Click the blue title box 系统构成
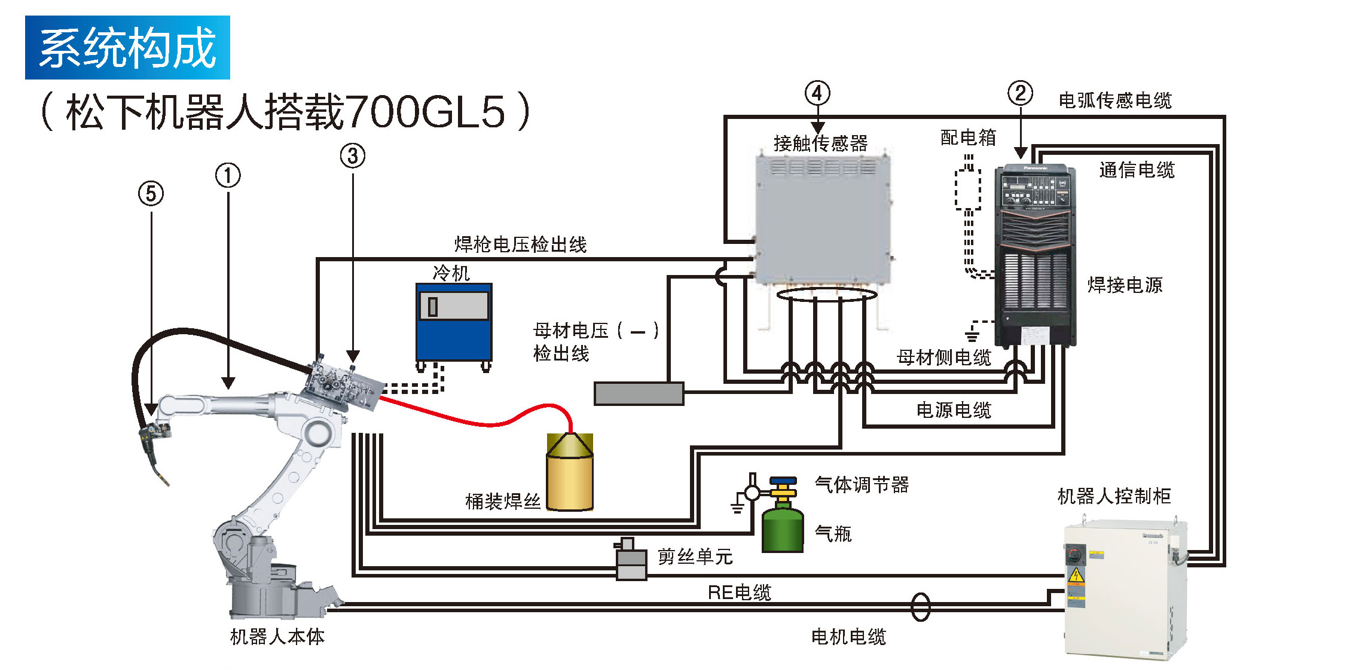pyautogui.click(x=127, y=48)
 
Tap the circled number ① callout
pyautogui.click(x=228, y=176)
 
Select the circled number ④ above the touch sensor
pyautogui.click(x=817, y=93)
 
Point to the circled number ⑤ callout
pyautogui.click(x=151, y=194)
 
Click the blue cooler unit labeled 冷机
pyautogui.click(x=454, y=323)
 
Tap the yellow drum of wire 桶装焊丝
pyautogui.click(x=570, y=475)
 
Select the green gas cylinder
pyautogui.click(x=782, y=526)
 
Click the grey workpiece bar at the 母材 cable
pyautogui.click(x=639, y=394)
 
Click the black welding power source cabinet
pyautogui.click(x=1035, y=257)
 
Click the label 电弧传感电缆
pyautogui.click(x=1115, y=100)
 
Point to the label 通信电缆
pyautogui.click(x=1137, y=170)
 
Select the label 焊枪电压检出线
pyautogui.click(x=520, y=245)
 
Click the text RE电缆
pyautogui.click(x=739, y=592)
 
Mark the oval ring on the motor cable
pyautogui.click(x=920, y=607)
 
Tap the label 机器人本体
pyautogui.click(x=277, y=637)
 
